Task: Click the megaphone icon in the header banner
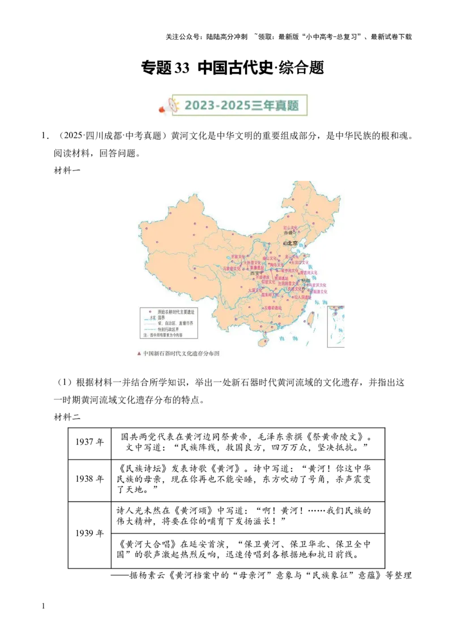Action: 172,105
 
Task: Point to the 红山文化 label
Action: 290,227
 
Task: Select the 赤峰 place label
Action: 288,233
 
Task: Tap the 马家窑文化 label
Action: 232,268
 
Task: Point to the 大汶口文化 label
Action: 300,263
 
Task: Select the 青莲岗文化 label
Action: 309,272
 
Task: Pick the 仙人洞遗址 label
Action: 302,297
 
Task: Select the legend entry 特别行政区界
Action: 170,329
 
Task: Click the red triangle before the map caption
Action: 139,353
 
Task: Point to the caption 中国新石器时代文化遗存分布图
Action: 181,353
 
